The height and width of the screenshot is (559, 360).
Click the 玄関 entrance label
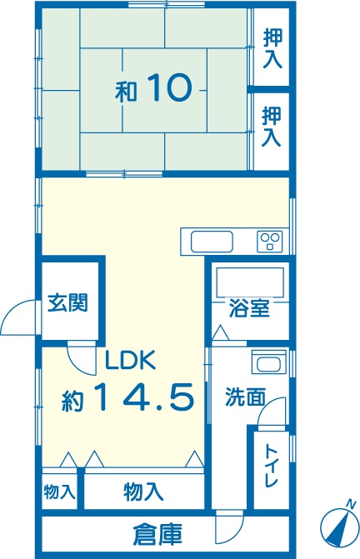[67, 302]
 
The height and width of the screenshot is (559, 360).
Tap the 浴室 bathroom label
[249, 308]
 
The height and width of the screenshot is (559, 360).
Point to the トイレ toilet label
[271, 466]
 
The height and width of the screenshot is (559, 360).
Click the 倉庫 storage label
[157, 534]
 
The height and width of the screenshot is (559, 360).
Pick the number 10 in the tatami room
[168, 87]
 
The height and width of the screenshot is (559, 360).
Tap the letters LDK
[131, 360]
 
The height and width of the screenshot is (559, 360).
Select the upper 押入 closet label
[273, 49]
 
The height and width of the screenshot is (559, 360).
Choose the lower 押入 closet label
[272, 127]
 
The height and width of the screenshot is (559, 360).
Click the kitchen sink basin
[212, 242]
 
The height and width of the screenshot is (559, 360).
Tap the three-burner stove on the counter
[270, 242]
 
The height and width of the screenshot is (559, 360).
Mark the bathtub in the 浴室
[250, 282]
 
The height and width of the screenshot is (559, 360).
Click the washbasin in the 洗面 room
[269, 363]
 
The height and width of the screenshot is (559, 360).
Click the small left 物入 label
[59, 492]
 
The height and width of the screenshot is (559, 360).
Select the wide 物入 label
[144, 492]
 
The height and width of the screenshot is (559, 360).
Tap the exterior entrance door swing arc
[16, 316]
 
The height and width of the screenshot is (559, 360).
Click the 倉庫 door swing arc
[229, 531]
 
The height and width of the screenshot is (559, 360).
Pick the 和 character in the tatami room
[126, 92]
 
